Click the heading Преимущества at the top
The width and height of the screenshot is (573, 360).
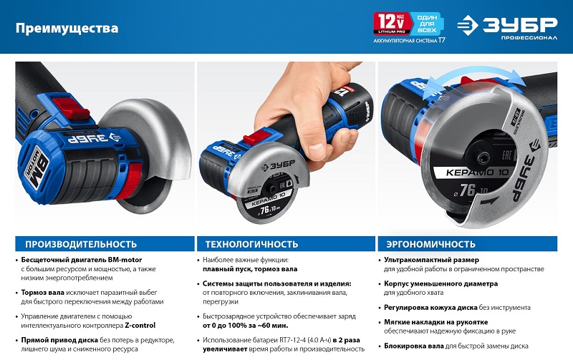pyautogui.click(x=67, y=28)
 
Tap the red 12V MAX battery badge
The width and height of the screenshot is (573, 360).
pyautogui.click(x=391, y=23)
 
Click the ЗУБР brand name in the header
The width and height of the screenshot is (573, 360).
pyautogui.click(x=520, y=24)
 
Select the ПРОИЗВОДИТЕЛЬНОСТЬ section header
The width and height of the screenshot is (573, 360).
pyautogui.click(x=81, y=244)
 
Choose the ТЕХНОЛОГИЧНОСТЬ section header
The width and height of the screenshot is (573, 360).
pyautogui.click(x=251, y=244)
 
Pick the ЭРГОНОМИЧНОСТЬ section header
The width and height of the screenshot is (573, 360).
pyautogui.click(x=431, y=244)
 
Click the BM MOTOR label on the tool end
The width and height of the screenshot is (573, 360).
pyautogui.click(x=37, y=165)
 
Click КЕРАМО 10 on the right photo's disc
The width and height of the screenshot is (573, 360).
pyautogui.click(x=478, y=172)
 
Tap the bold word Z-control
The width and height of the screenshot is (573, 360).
pyautogui.click(x=140, y=326)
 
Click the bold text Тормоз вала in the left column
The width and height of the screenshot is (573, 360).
pyautogui.click(x=43, y=293)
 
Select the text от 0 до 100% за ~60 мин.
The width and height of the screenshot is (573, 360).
pyautogui.click(x=245, y=326)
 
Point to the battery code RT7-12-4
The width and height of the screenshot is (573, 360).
pyautogui.click(x=294, y=340)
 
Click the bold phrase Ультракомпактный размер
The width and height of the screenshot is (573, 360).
pyautogui.click(x=431, y=260)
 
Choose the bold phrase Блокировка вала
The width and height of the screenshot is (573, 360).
pyautogui.click(x=414, y=346)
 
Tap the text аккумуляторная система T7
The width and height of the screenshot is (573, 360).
pyautogui.click(x=409, y=41)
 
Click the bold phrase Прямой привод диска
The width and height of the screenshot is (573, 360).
pyautogui.click(x=59, y=340)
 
